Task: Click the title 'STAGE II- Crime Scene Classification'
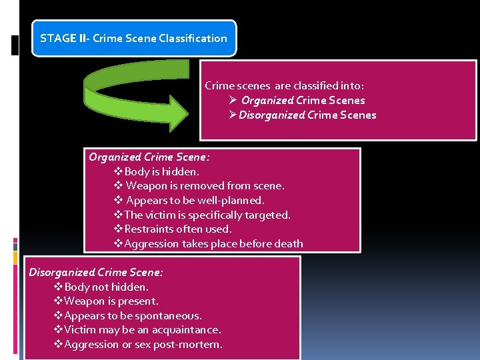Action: coord(133,38)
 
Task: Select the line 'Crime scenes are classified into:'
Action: coord(284,86)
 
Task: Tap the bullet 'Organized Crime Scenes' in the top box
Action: coord(303,101)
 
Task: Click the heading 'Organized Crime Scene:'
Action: coord(149,157)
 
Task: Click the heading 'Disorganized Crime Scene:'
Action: coord(96,272)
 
